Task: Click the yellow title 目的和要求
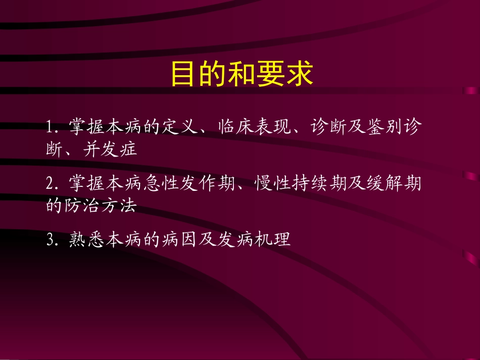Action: click(x=242, y=74)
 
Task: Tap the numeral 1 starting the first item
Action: click(x=49, y=127)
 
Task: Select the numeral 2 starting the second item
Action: click(x=50, y=184)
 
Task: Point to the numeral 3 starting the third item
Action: click(x=50, y=240)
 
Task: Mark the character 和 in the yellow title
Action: click(x=242, y=74)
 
